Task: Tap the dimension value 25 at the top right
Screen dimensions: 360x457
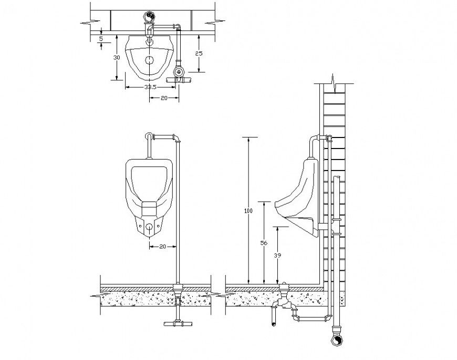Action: click(199, 54)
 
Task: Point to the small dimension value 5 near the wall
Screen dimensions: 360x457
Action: click(101, 38)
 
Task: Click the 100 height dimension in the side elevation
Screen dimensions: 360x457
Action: click(249, 211)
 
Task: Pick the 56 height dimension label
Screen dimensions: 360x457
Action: click(264, 243)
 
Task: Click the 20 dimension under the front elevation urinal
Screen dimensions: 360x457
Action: click(162, 246)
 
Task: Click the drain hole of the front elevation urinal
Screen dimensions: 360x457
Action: click(150, 227)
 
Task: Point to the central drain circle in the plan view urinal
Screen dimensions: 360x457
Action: click(150, 59)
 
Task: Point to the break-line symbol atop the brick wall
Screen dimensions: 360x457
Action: click(335, 81)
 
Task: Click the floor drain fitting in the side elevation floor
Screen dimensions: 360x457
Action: click(285, 287)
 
